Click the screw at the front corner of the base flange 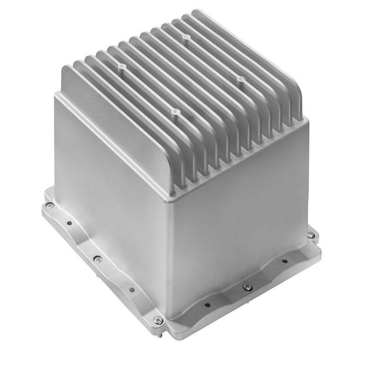[158, 319]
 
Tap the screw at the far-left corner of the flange [49, 205]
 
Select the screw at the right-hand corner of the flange [311, 235]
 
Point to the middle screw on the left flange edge [98, 259]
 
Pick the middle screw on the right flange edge [247, 286]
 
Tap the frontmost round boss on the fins [175, 111]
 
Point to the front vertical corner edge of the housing [170, 255]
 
